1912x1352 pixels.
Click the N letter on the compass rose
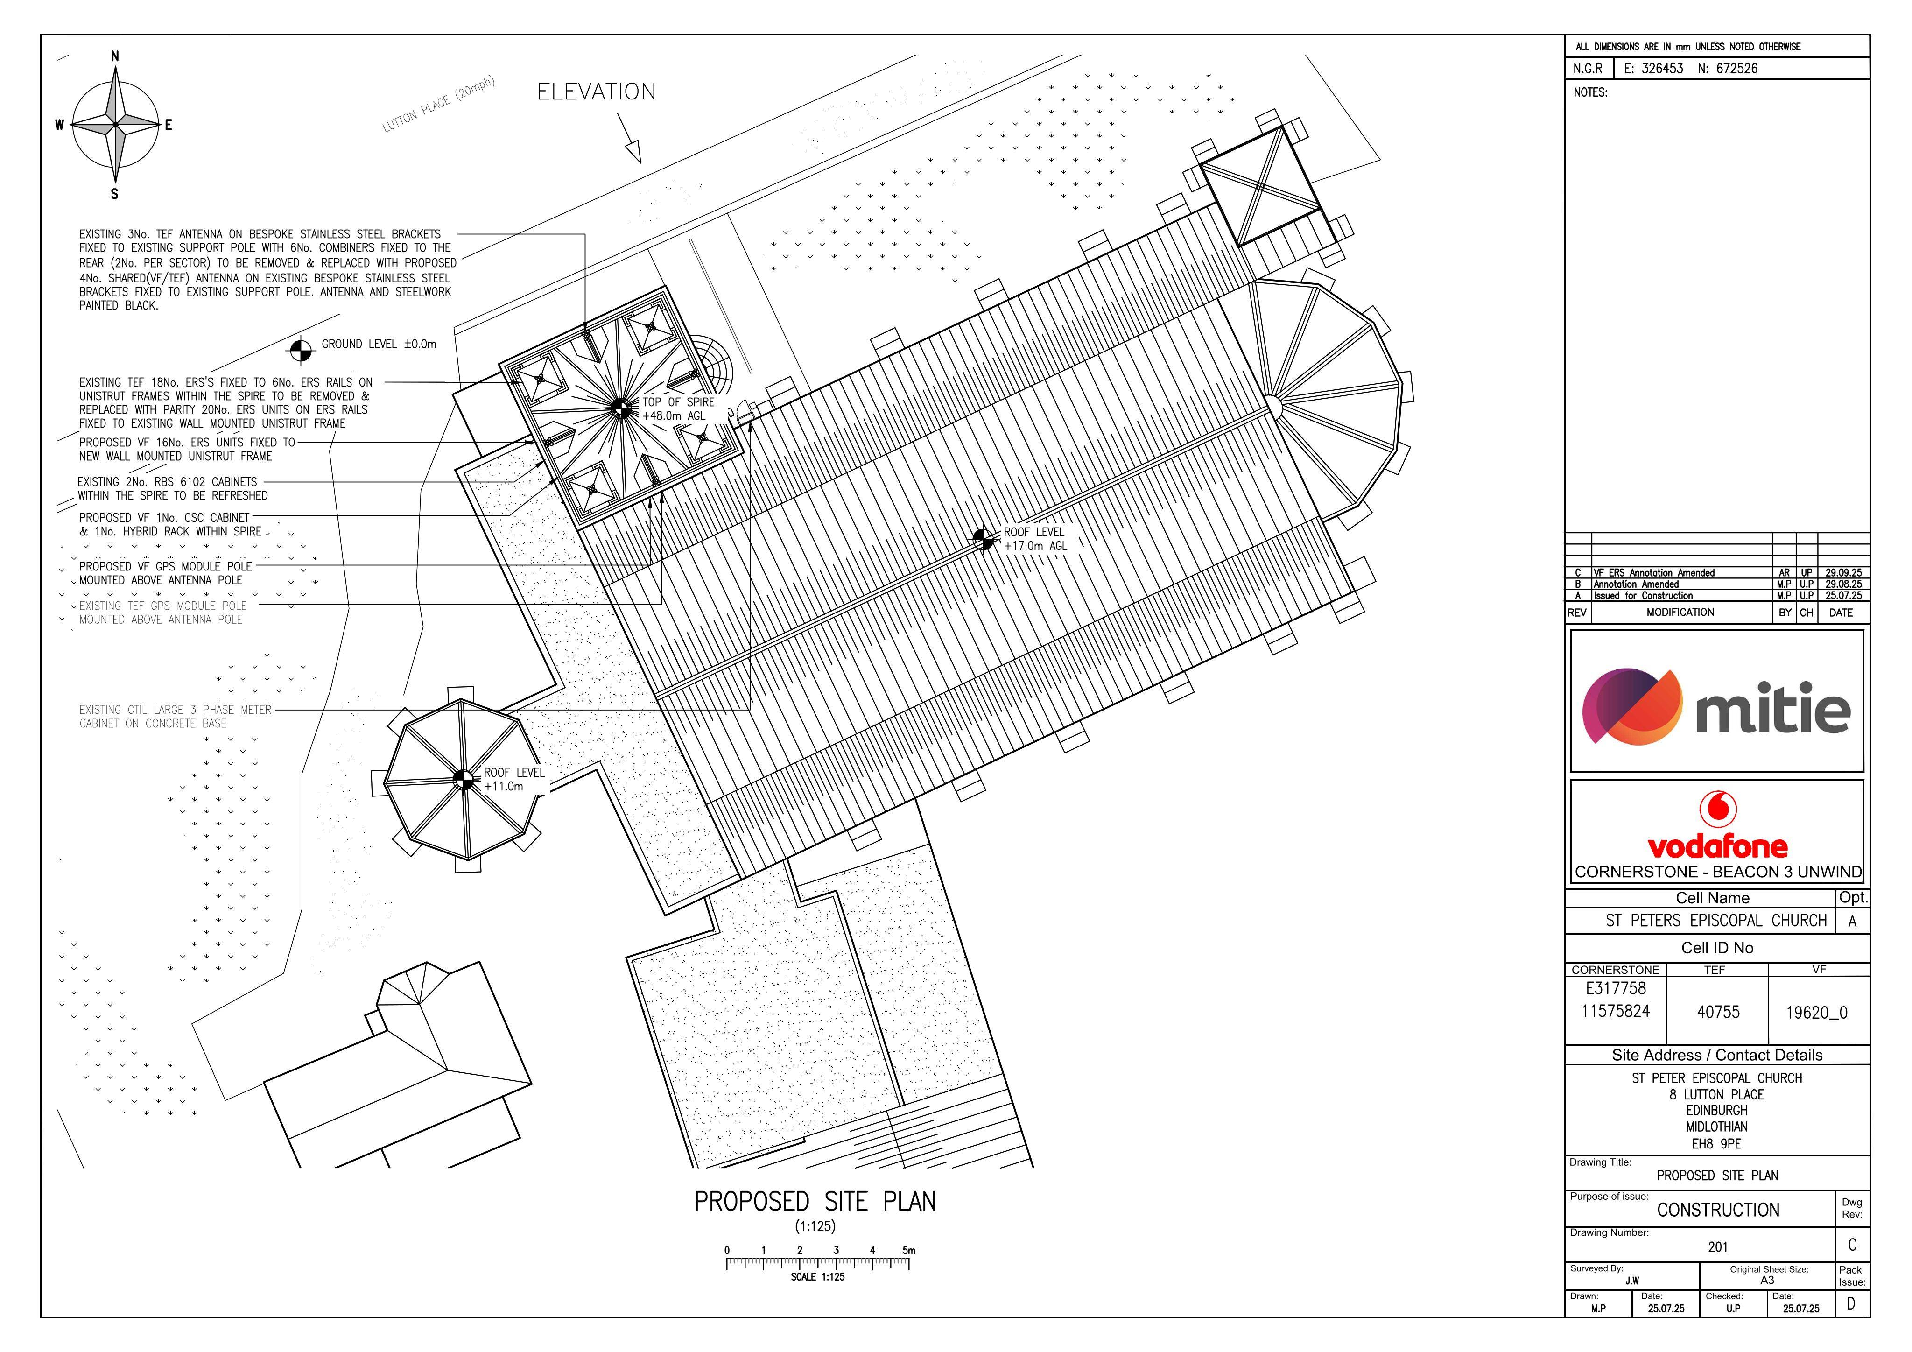pyautogui.click(x=115, y=56)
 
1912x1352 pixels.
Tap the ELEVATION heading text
pyautogui.click(x=596, y=92)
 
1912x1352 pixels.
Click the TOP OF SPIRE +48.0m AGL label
pyautogui.click(x=678, y=408)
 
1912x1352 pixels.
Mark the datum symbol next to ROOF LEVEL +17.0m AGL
pyautogui.click(x=984, y=539)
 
